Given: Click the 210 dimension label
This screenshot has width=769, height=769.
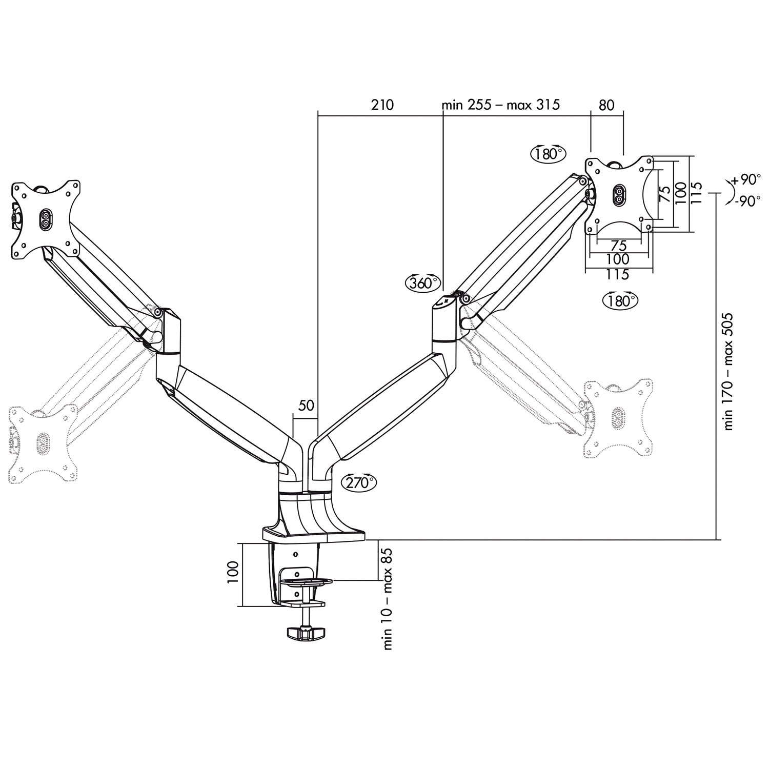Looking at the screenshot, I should click(x=382, y=105).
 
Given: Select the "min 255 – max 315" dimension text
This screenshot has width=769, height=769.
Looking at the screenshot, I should click(x=500, y=105).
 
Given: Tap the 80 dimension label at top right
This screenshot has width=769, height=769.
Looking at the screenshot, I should click(x=606, y=105).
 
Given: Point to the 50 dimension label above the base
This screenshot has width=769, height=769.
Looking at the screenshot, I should click(x=306, y=406).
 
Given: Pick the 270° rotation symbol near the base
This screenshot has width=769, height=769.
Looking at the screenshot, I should click(x=358, y=482).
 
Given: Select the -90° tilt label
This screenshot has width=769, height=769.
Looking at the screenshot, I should click(x=747, y=202).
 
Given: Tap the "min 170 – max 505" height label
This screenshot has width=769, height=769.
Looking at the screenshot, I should click(x=728, y=372).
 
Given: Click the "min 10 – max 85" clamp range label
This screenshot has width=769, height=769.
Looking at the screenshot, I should click(x=388, y=598).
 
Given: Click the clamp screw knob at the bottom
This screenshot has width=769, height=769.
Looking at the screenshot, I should click(x=306, y=633).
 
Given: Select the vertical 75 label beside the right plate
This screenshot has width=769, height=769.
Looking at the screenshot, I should click(x=664, y=193).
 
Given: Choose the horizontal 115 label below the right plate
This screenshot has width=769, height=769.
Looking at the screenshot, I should click(x=617, y=275).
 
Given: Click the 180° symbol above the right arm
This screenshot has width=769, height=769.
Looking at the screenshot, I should click(x=548, y=153).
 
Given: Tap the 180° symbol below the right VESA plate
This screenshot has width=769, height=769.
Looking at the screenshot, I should click(x=621, y=300).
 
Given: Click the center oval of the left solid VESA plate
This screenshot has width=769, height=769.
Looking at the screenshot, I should click(x=44, y=219).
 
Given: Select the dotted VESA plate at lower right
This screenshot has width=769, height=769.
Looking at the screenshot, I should click(x=619, y=418).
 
